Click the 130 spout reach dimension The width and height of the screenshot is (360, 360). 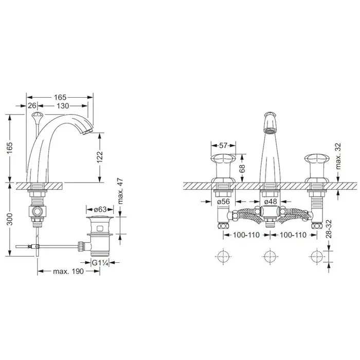point(63,106)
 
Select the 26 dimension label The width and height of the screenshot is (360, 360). point(32,105)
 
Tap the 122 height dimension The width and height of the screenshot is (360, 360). point(99,157)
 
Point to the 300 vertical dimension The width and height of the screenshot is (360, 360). point(10,219)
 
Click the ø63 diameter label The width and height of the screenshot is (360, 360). point(100,209)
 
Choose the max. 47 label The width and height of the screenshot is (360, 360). point(120,191)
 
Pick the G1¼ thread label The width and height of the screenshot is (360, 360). point(100,263)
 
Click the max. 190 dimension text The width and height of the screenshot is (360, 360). point(68,272)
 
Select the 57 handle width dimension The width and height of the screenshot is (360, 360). point(223,146)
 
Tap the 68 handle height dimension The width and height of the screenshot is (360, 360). point(242,169)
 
